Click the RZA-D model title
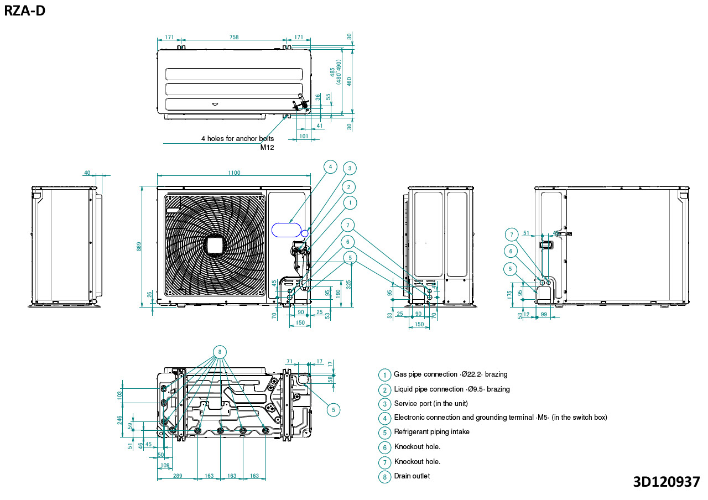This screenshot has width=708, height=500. [x=25, y=11]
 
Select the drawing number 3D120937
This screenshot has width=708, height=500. [x=666, y=481]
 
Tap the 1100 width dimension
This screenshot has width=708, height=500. [x=234, y=173]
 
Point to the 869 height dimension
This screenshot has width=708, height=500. [x=139, y=245]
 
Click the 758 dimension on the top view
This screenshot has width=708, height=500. [x=234, y=38]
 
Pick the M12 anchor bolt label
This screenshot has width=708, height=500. [x=267, y=147]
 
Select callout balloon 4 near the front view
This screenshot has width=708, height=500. [x=330, y=166]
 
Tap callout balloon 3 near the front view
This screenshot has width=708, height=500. [x=349, y=168]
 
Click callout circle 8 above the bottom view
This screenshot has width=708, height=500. [x=220, y=352]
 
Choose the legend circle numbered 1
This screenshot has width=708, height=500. [x=384, y=375]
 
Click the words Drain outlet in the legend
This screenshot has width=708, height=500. [x=412, y=476]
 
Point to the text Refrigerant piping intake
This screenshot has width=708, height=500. [x=431, y=432]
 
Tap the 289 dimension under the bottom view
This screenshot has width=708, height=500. [x=177, y=476]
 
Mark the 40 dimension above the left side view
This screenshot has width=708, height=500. [x=87, y=173]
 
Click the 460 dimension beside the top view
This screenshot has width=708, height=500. [x=349, y=81]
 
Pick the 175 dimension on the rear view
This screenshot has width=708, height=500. [x=509, y=294]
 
